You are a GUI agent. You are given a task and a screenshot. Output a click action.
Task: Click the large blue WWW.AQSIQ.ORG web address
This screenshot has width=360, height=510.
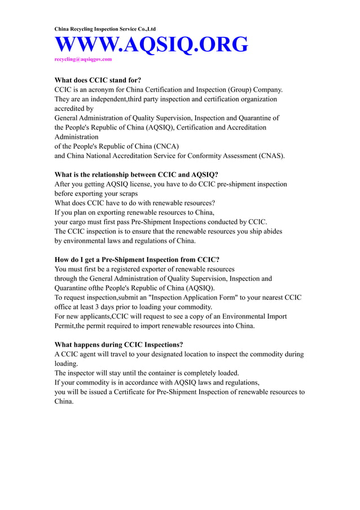(x=151, y=45)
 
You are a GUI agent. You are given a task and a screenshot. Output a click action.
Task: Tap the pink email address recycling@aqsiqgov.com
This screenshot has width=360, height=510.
(x=83, y=59)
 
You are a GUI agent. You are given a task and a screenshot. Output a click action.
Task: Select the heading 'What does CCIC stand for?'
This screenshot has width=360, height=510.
(x=98, y=80)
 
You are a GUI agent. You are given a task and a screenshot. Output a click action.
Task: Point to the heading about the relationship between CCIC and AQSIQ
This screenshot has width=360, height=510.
(x=137, y=175)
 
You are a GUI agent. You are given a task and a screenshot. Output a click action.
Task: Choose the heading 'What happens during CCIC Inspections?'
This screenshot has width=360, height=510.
(x=118, y=345)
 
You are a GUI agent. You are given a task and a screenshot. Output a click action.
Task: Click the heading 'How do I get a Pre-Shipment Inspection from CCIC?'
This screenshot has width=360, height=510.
(x=137, y=260)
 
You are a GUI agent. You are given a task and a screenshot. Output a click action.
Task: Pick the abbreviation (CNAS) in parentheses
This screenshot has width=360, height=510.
(x=271, y=156)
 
